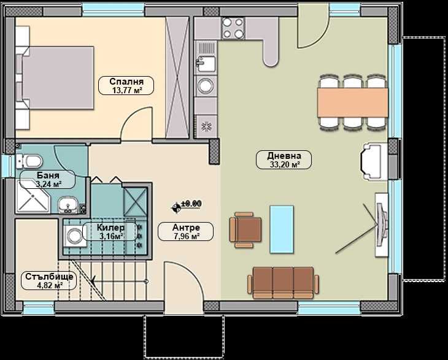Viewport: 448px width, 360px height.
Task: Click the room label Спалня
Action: [x=126, y=81]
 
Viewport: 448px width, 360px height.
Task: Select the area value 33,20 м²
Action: [x=284, y=164]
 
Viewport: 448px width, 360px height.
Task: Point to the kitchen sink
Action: [x=206, y=62]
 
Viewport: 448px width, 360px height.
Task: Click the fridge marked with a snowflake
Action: [x=206, y=126]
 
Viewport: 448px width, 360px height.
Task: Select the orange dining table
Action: [x=352, y=101]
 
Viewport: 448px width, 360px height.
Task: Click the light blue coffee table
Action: [x=282, y=229]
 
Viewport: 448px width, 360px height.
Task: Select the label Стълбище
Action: [x=50, y=277]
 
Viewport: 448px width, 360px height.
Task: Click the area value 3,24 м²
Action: [x=48, y=183]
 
